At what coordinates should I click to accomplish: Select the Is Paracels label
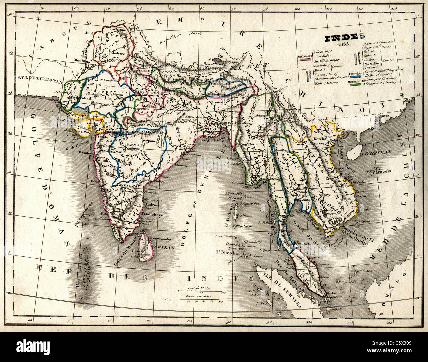(378, 171)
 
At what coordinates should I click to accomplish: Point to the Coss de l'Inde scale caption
(199, 288)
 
